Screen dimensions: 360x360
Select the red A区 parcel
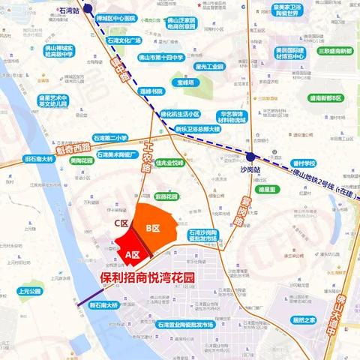click(x=133, y=253)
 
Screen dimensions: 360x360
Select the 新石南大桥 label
click(x=105, y=305)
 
